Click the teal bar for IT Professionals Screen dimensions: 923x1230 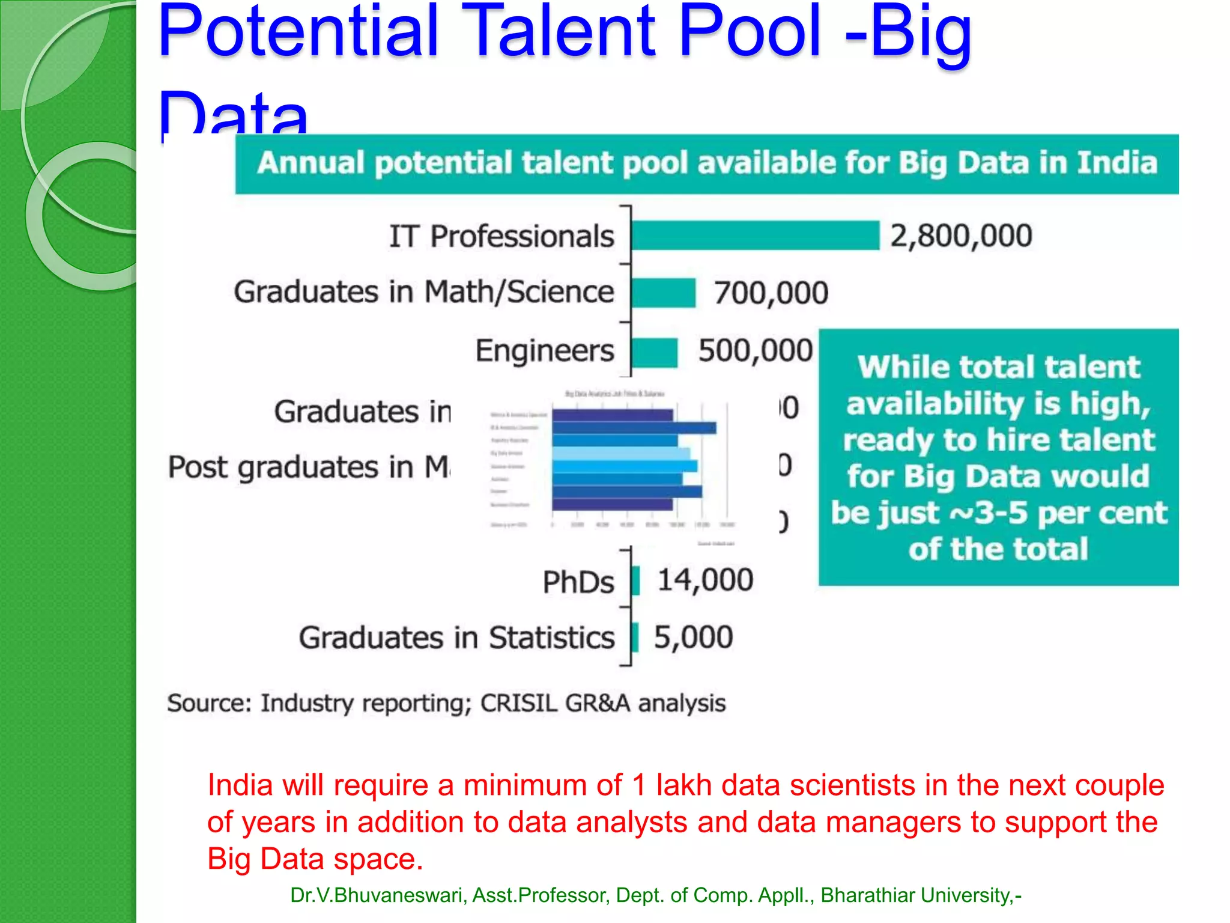[755, 235]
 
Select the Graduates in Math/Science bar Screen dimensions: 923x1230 [663, 293]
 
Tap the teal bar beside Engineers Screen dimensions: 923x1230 [654, 352]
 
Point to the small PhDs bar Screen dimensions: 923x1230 [635, 581]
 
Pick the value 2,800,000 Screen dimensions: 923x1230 [961, 236]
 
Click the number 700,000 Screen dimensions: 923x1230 [771, 293]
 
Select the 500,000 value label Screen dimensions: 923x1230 [755, 351]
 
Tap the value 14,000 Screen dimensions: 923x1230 [705, 580]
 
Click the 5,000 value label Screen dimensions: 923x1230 [693, 638]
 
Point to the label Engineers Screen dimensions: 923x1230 [545, 352]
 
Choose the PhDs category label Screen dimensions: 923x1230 [578, 582]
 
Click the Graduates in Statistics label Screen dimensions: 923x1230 [456, 638]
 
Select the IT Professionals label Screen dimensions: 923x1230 [501, 236]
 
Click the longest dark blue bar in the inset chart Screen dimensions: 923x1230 [634, 428]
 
